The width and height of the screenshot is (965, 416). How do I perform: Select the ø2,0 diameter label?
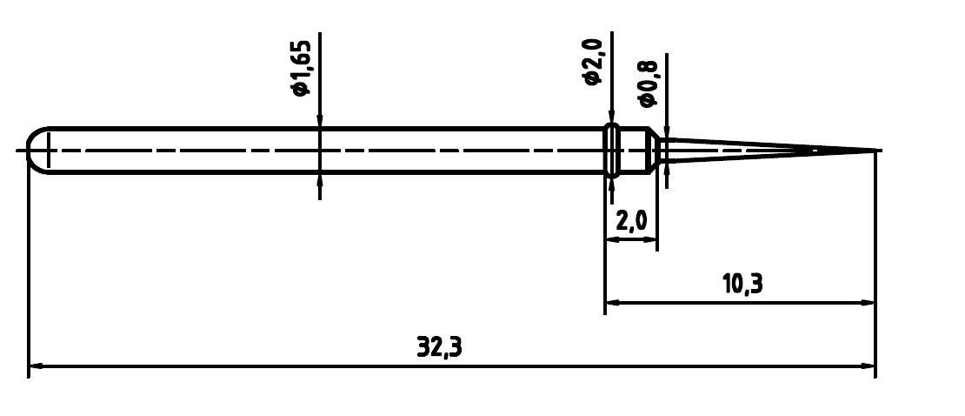coord(593,61)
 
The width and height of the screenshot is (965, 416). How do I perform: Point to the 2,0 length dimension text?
coord(631,220)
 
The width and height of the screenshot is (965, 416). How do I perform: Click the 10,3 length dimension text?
coord(742,284)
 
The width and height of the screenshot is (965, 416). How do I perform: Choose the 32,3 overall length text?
coord(439,347)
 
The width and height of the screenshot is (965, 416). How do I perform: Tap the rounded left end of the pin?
coord(32,151)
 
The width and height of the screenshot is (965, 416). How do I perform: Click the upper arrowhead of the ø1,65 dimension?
coord(320,122)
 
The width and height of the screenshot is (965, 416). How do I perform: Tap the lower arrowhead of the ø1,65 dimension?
coord(320,180)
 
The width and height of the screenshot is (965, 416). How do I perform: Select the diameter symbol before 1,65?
coord(302,89)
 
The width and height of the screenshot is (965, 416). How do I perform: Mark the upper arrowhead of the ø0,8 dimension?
coord(667,133)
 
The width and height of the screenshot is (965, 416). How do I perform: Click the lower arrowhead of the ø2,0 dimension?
coord(612,185)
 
